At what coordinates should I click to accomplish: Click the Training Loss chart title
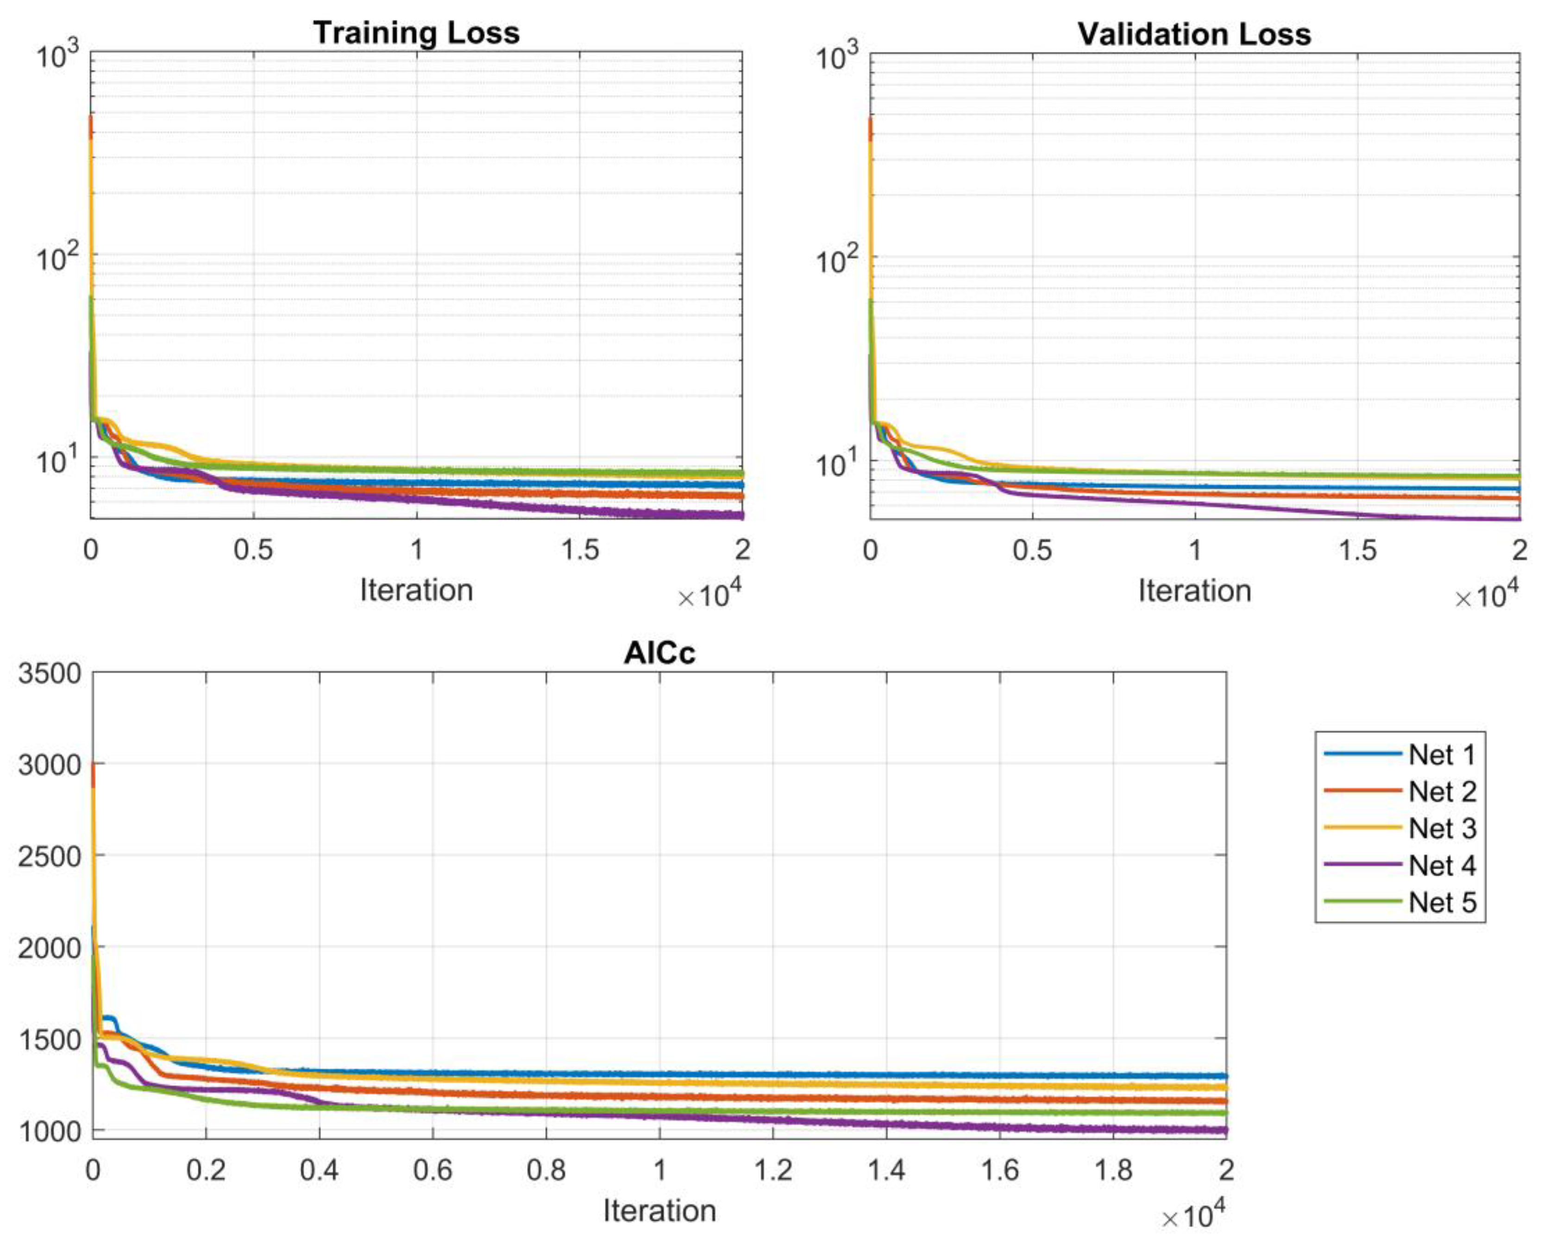tap(416, 33)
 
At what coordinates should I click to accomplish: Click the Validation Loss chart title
tap(1194, 34)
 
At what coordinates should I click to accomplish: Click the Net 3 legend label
tap(1442, 829)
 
